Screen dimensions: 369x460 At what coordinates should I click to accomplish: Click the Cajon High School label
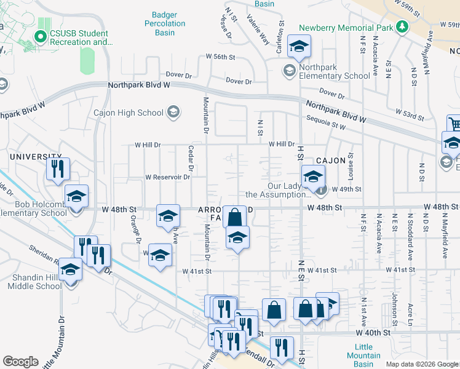click(128, 113)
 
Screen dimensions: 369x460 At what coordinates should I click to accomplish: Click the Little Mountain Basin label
click(363, 351)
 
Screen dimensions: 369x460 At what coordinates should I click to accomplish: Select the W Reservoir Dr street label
click(167, 177)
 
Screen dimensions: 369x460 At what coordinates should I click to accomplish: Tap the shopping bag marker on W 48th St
click(234, 216)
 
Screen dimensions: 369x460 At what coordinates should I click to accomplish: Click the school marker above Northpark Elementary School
click(299, 46)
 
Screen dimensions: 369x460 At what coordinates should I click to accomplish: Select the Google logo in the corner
click(20, 362)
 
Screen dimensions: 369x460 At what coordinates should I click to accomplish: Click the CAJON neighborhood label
click(333, 161)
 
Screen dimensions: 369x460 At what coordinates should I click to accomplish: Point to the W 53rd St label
click(411, 113)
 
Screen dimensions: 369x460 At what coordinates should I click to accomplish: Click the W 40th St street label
click(373, 332)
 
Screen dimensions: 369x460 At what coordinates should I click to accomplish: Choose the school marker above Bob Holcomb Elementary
click(76, 196)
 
